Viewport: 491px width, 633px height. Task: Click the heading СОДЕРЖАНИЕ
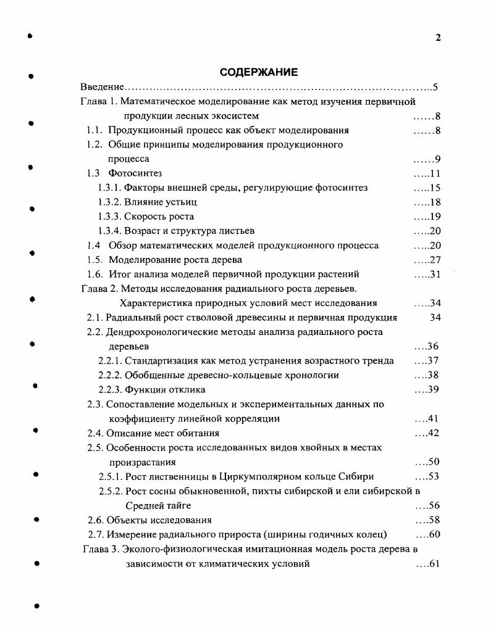click(259, 72)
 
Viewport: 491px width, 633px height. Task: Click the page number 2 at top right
click(438, 38)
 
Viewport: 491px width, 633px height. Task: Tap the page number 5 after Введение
click(435, 87)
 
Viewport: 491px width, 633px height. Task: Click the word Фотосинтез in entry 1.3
click(135, 173)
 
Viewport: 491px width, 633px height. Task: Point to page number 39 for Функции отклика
click(433, 389)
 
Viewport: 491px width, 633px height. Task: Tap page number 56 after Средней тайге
click(433, 505)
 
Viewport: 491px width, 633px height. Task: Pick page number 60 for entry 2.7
click(433, 534)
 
